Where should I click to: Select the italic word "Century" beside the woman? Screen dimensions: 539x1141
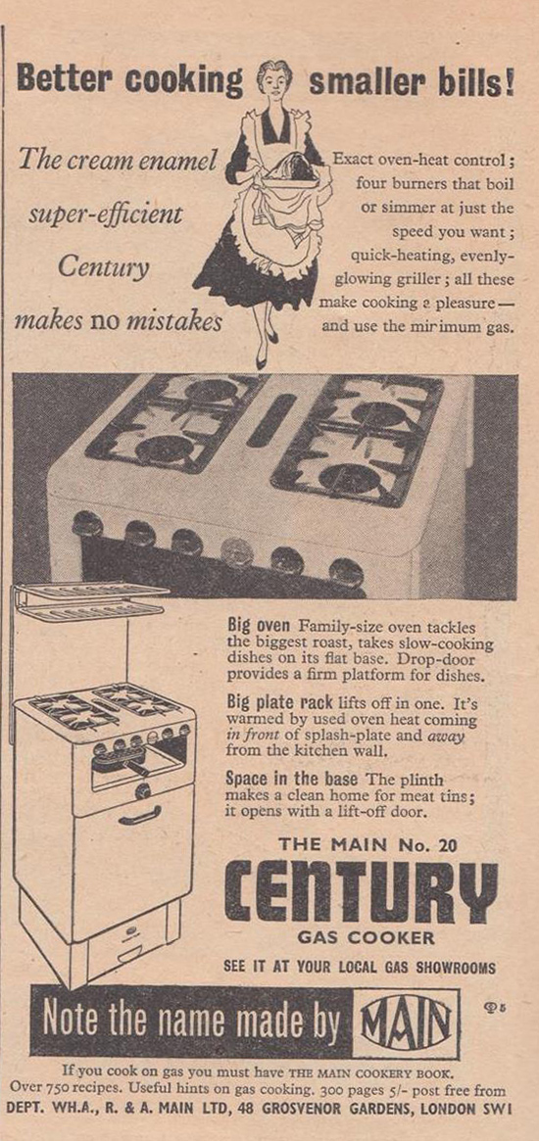pyautogui.click(x=103, y=267)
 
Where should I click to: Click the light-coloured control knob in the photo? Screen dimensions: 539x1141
pyautogui.click(x=236, y=553)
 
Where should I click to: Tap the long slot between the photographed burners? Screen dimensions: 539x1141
pyautogui.click(x=270, y=420)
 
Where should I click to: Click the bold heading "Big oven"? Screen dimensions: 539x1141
pyautogui.click(x=259, y=625)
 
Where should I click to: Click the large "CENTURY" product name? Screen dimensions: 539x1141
pyautogui.click(x=361, y=892)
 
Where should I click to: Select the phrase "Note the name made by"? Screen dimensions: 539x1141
pyautogui.click(x=191, y=1022)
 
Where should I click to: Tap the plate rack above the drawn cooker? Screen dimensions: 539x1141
pyautogui.click(x=91, y=599)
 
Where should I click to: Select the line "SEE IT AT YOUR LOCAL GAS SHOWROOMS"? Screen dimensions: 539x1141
pyautogui.click(x=360, y=969)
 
